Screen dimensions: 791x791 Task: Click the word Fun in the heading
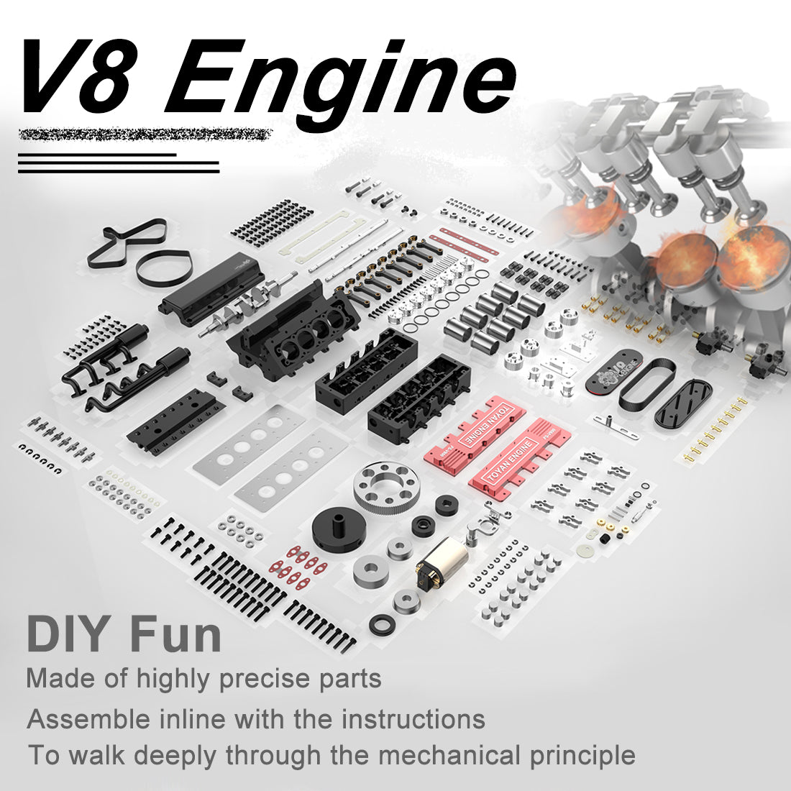[175, 634]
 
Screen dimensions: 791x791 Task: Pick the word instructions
[412, 718]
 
